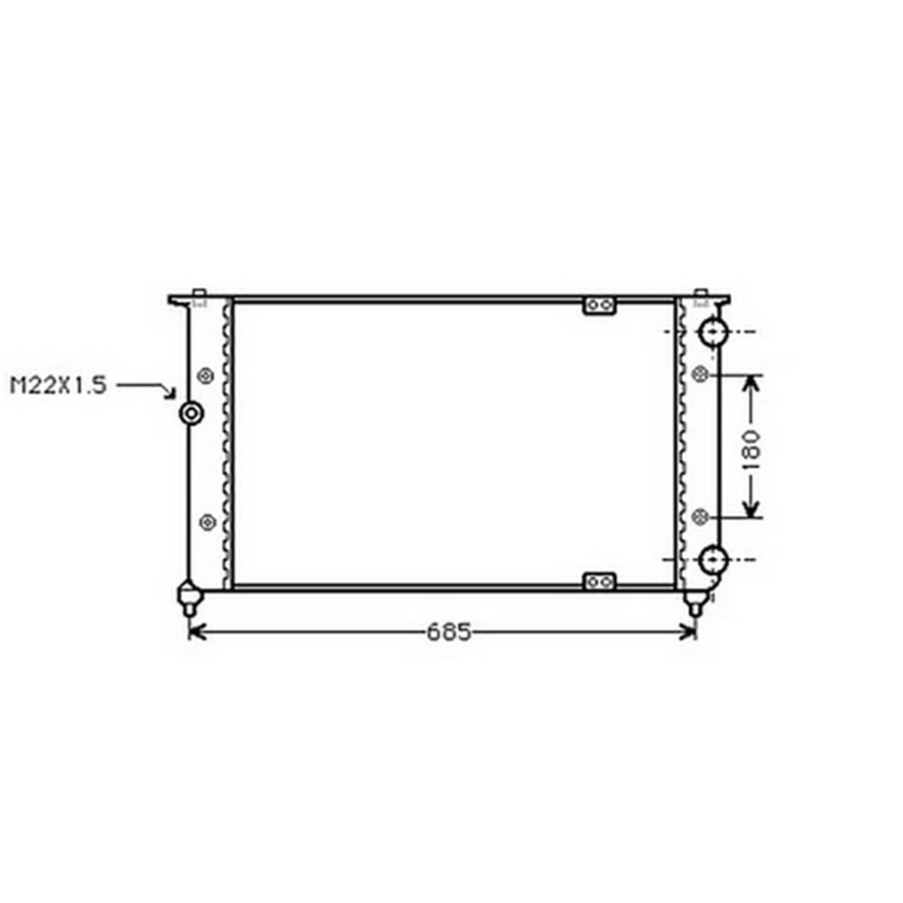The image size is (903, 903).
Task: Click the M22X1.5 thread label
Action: [x=59, y=385]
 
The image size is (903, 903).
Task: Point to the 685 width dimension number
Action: [x=448, y=632]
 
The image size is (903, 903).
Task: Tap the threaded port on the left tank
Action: [x=191, y=413]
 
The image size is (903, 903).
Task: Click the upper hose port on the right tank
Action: [x=713, y=332]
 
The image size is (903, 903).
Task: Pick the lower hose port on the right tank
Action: [x=713, y=560]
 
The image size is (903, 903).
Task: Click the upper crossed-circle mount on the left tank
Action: [x=206, y=376]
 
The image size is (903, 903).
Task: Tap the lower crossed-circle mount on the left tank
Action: [x=207, y=522]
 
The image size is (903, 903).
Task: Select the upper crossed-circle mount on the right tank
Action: [x=700, y=375]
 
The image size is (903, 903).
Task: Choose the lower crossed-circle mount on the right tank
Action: [x=700, y=517]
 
